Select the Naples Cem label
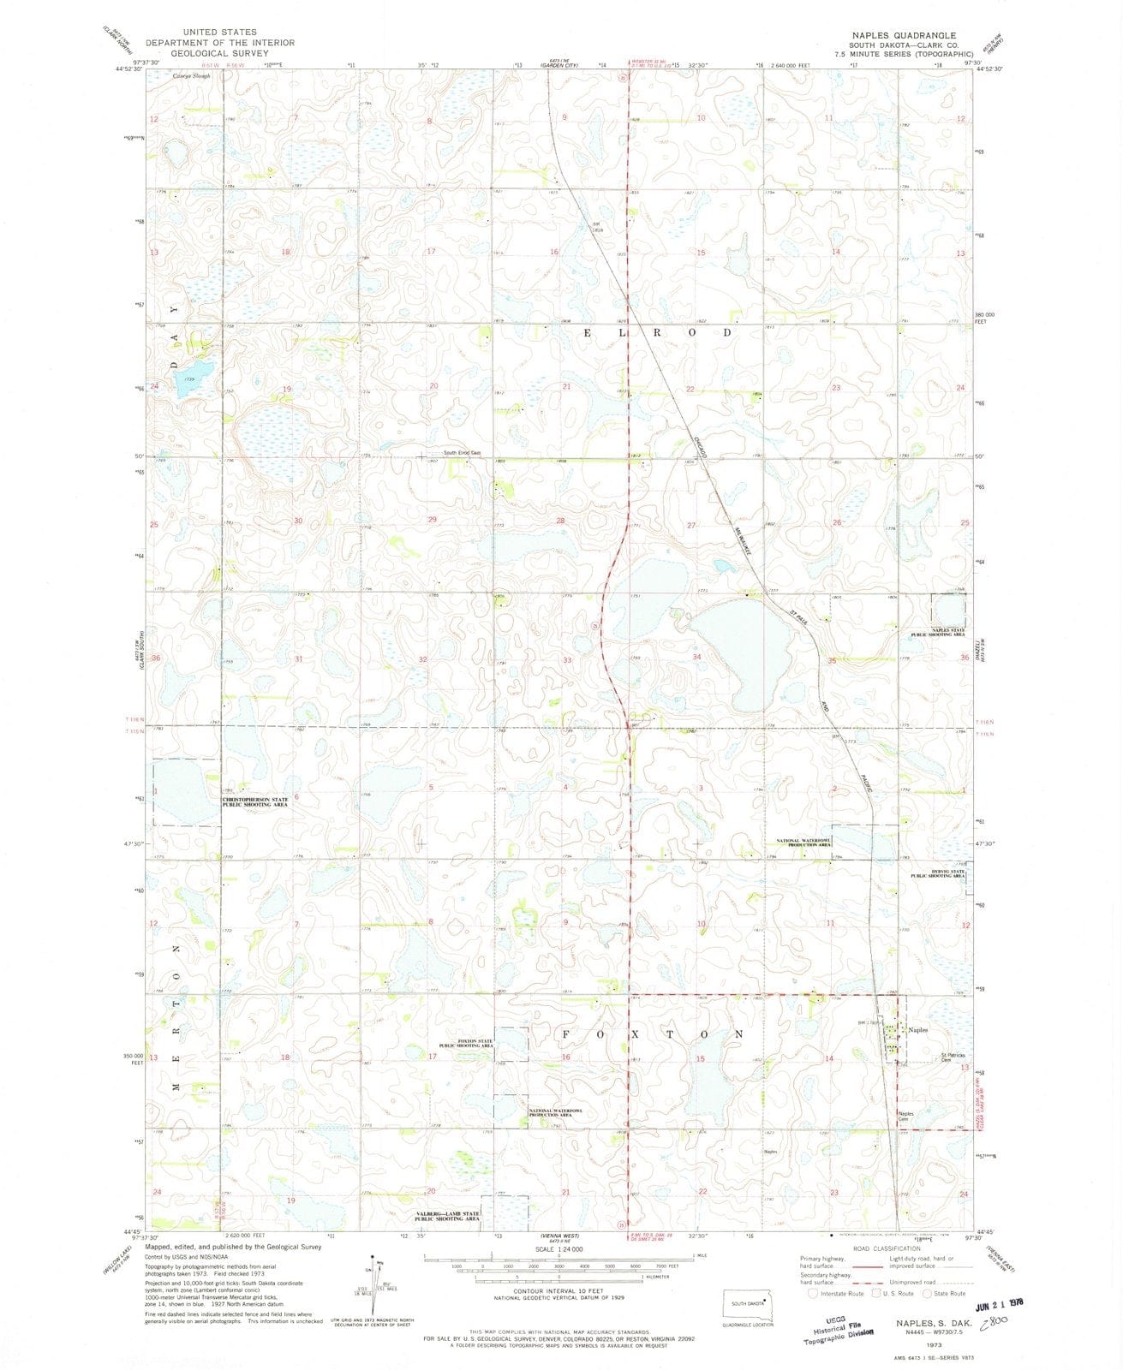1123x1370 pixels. pos(905,1116)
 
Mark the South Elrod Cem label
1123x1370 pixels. pos(462,453)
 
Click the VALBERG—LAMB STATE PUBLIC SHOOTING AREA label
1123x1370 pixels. pos(447,1216)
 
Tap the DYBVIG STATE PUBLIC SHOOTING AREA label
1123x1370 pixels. pos(937,874)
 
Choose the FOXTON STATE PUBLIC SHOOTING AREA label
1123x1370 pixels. pos(466,1043)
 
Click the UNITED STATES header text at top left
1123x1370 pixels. pos(219,32)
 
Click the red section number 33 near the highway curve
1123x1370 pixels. pos(567,659)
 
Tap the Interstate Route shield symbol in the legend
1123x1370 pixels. pos(811,1294)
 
